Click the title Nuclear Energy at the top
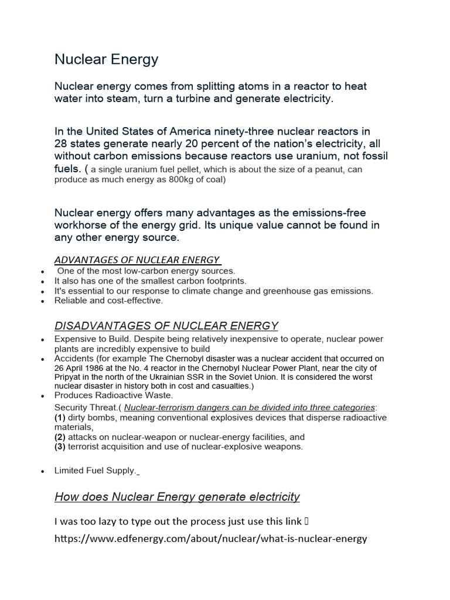click(106, 59)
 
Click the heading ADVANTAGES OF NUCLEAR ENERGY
click(137, 260)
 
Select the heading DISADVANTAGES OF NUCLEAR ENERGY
click(166, 326)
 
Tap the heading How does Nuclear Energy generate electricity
click(177, 497)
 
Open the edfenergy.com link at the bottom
click(210, 538)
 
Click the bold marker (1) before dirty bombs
click(60, 417)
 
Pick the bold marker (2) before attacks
click(60, 437)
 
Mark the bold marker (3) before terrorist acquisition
click(60, 446)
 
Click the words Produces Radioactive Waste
click(105, 396)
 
